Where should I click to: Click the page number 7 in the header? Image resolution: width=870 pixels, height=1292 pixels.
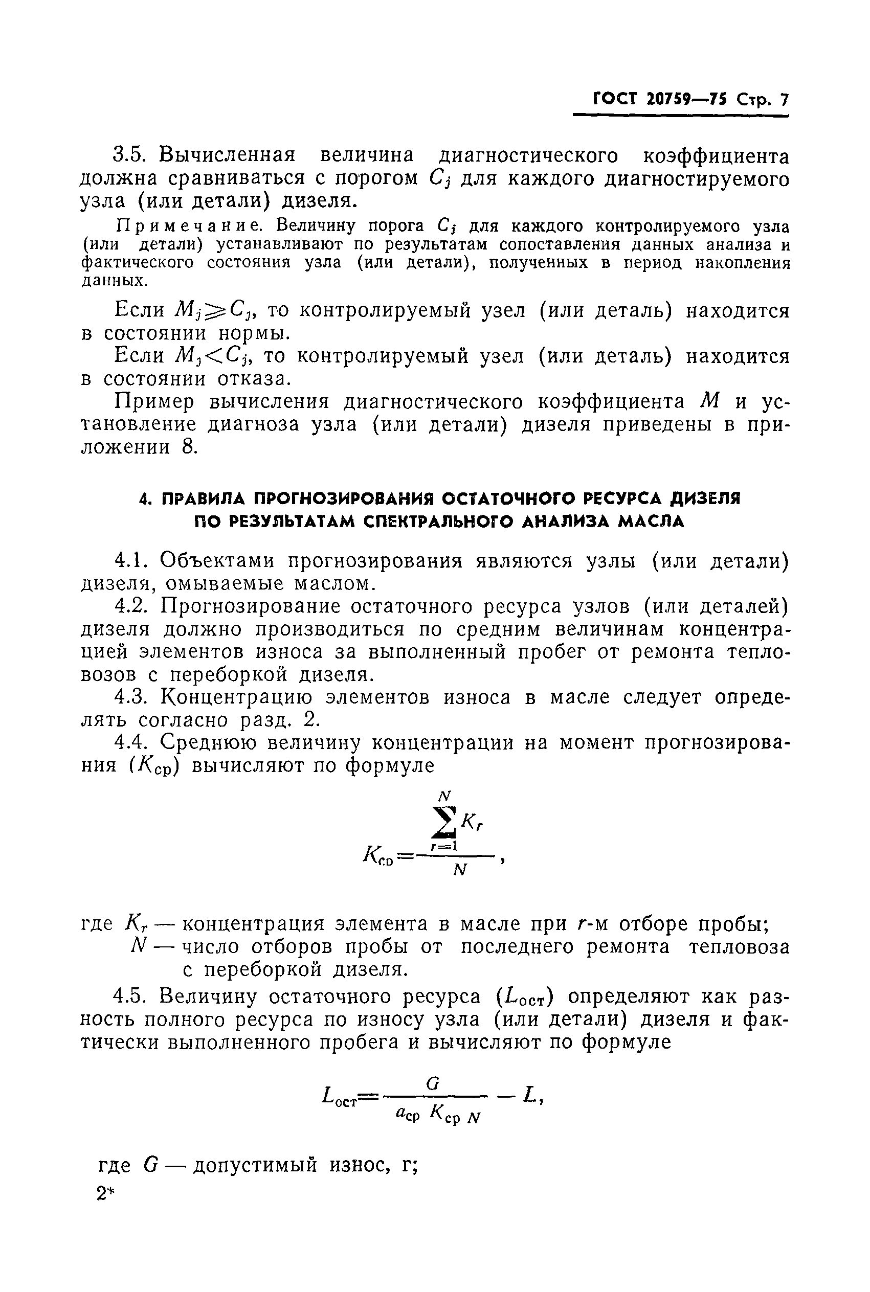coord(783,100)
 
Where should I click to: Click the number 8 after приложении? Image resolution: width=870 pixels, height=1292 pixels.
coord(190,447)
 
